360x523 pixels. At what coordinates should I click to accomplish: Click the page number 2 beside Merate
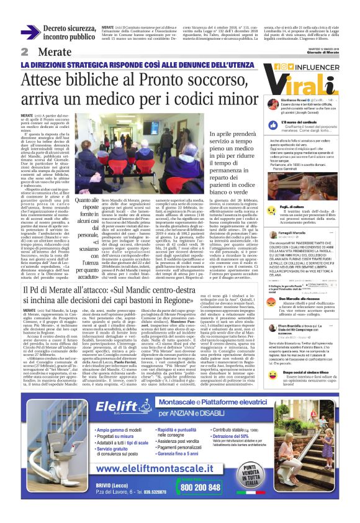(x=25, y=52)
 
